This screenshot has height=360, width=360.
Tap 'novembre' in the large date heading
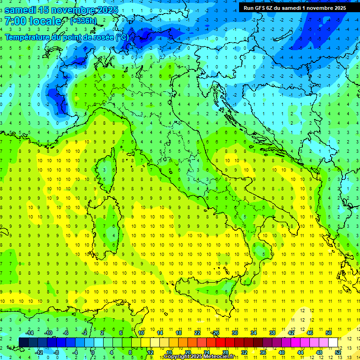tap(72, 10)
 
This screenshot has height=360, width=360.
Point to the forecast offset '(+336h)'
tap(84, 21)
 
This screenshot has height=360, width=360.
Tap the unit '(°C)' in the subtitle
tap(122, 37)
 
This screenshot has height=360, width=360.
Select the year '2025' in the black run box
tap(338, 8)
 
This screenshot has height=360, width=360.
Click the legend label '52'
tap(338, 352)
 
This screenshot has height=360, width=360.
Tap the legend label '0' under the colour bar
tap(93, 352)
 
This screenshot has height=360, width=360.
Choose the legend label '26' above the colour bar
tap(216, 333)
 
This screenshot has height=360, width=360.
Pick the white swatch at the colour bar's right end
tap(333, 342)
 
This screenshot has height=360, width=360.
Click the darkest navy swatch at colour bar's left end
tap(23, 342)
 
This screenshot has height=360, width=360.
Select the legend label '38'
tap(272, 333)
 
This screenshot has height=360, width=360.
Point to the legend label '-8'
tap(56, 352)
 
